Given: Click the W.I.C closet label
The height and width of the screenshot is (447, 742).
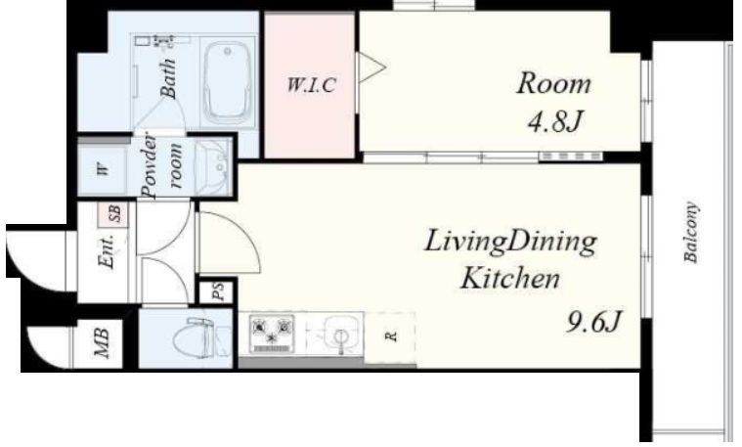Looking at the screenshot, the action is click(x=312, y=85).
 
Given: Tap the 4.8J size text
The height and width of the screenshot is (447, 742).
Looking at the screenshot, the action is click(x=554, y=121).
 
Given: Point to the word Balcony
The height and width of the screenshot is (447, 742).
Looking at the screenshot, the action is click(x=691, y=232).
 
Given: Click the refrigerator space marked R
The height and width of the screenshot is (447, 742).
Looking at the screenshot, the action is click(x=390, y=337).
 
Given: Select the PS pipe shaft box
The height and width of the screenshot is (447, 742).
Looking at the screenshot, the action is click(x=217, y=291).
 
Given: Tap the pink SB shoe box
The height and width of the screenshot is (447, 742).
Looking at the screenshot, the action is click(x=113, y=214).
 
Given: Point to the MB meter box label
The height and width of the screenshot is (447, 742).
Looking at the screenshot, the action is click(x=102, y=343).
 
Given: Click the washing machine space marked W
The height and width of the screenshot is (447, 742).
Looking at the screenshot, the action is click(x=103, y=169).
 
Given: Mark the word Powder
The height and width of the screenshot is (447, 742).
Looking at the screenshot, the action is click(x=150, y=165).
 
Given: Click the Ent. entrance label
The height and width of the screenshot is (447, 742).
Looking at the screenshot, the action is click(x=107, y=252).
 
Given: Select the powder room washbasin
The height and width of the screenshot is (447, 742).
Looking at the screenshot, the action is click(x=214, y=166).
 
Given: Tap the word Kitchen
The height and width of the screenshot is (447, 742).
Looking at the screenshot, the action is click(x=510, y=278).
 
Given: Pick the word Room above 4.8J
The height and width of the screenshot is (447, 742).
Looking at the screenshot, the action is click(x=554, y=84).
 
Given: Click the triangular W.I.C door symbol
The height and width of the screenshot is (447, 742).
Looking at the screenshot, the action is click(x=371, y=67).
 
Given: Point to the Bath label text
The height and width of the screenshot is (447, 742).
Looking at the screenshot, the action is click(x=168, y=78).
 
